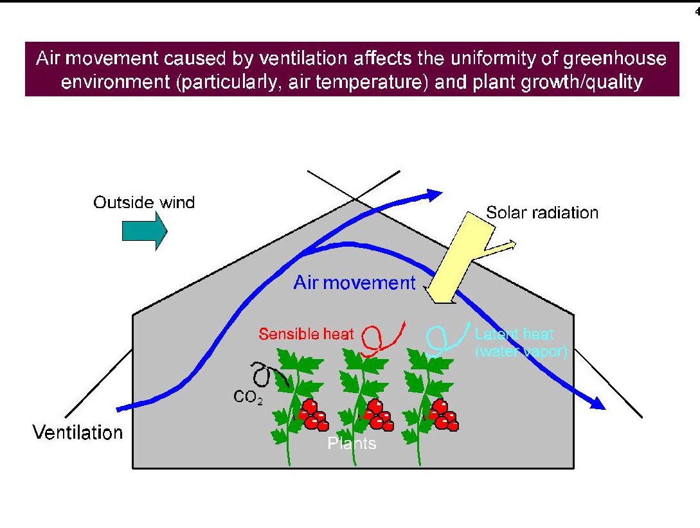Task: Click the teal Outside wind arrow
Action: (145, 231)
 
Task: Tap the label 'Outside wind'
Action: (144, 202)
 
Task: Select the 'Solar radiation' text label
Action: (542, 213)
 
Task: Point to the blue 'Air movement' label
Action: (354, 283)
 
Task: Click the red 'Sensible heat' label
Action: (306, 334)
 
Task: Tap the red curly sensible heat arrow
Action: (382, 339)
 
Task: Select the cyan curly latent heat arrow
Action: (447, 340)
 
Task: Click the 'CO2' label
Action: (247, 396)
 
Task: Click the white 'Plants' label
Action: (352, 443)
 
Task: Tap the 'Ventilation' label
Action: (78, 432)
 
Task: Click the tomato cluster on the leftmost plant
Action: (314, 415)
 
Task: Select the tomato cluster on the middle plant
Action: (379, 415)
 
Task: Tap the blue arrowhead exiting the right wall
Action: (597, 403)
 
